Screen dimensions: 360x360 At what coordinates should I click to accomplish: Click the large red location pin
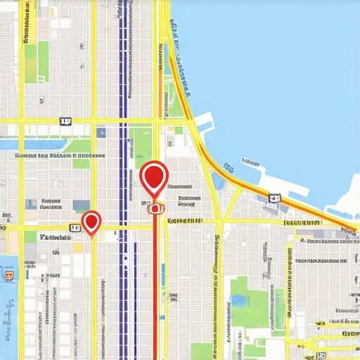pos(154,176)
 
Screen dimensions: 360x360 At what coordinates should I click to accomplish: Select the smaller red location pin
pos(91,221)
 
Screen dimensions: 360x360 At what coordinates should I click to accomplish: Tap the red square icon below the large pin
pos(154,207)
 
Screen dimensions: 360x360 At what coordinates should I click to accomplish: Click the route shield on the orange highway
pos(274,198)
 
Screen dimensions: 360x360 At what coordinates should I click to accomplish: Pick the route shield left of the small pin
pos(74,228)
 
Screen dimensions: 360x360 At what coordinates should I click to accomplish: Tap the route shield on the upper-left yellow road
pos(65,122)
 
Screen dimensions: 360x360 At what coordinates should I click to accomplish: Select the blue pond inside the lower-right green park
pos(239,301)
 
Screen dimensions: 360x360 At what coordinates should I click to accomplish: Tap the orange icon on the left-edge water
pos(8,276)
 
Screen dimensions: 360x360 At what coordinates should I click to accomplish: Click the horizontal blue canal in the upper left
pos(42,144)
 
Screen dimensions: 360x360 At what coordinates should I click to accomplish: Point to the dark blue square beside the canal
pos(101,132)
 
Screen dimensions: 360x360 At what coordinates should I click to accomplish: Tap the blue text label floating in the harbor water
pos(250,161)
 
